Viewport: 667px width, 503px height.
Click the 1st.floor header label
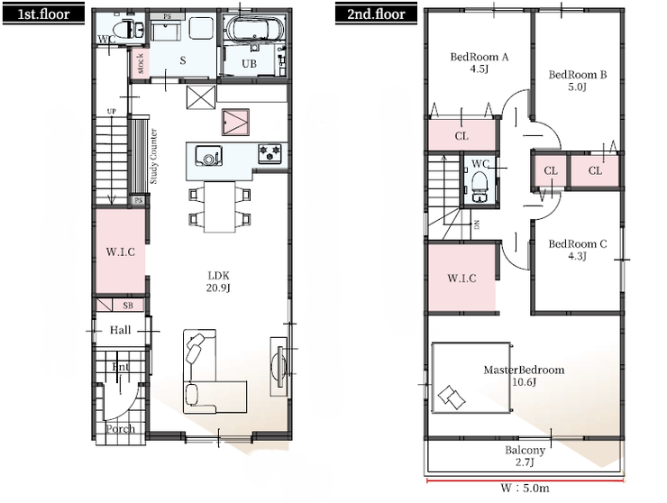pos(43,14)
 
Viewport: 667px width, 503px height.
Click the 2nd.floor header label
pos(376,14)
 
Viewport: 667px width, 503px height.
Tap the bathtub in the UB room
pos(255,28)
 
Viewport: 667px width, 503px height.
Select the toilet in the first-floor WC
pos(132,29)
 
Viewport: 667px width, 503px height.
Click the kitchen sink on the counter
pos(209,156)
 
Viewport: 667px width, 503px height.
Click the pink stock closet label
pos(141,63)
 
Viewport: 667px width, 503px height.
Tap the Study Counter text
pos(153,156)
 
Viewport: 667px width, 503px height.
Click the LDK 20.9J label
pos(218,282)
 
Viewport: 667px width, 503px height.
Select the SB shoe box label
pos(128,306)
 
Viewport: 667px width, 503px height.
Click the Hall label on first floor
pos(121,330)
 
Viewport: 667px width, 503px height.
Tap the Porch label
pos(121,428)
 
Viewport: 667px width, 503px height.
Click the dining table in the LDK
pos(220,206)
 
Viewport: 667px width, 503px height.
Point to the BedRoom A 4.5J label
pos(480,62)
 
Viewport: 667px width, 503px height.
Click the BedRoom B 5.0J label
pos(577,81)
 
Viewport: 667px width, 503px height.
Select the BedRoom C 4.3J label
pos(577,250)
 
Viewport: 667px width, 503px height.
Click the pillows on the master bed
pos(452,397)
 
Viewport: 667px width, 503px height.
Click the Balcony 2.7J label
pos(525,456)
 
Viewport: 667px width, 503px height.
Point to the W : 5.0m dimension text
pos(525,488)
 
